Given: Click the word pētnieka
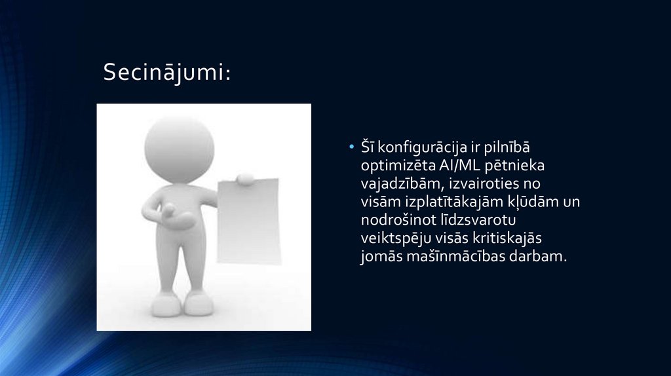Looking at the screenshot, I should click(514, 165).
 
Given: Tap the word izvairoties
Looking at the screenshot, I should click(483, 183).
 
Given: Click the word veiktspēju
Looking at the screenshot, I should click(394, 238).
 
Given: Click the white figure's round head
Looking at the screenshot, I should click(179, 147).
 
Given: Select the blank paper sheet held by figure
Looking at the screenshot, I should click(248, 219).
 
